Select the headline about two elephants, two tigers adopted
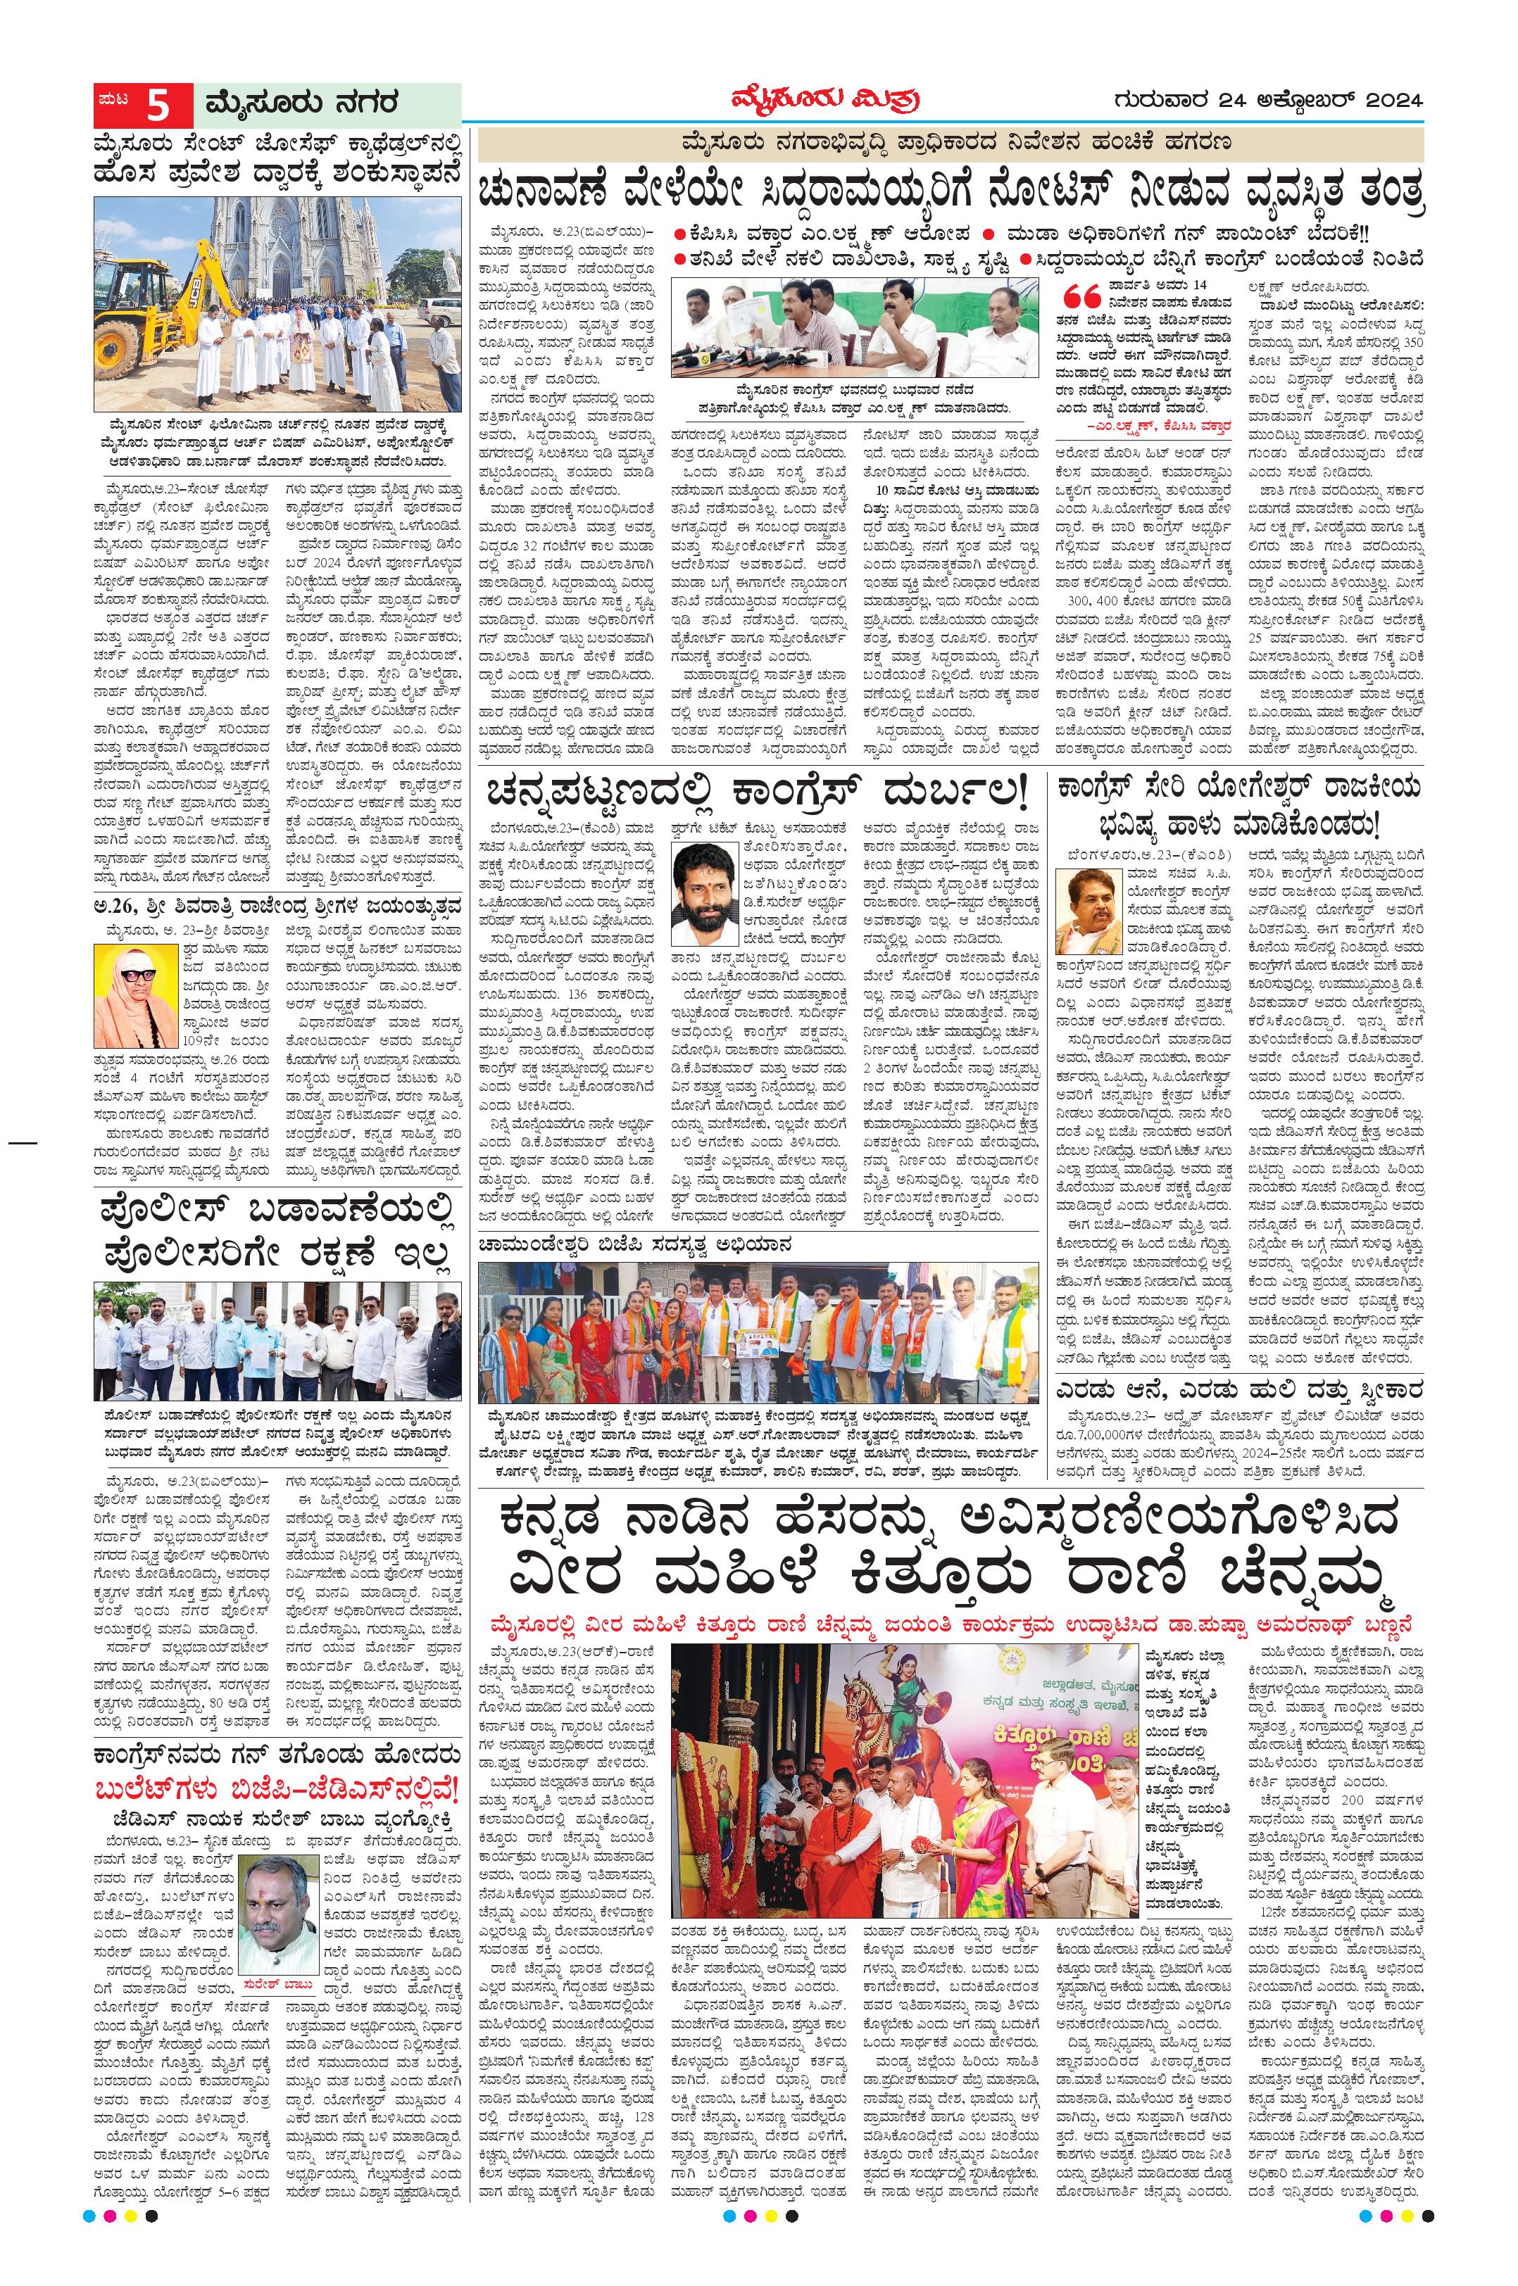(x=1239, y=1391)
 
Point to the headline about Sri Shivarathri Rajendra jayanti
(x=278, y=906)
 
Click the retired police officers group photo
(x=278, y=1339)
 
